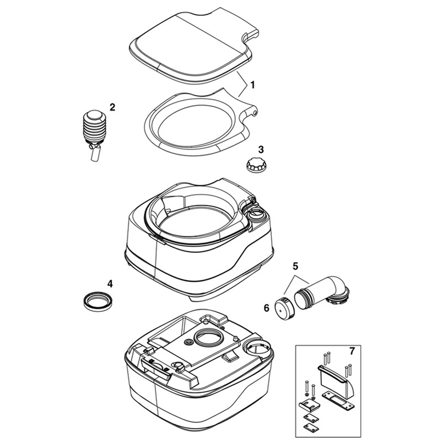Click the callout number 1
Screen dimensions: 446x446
[253, 85]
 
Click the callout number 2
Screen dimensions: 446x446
[112, 107]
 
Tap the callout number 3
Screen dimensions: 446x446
[261, 149]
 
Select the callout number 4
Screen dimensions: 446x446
[110, 283]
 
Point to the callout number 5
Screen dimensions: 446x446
[296, 267]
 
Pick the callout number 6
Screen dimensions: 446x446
[267, 308]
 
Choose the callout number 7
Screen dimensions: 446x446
[352, 351]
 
